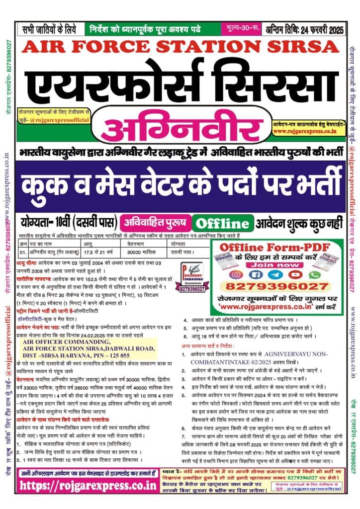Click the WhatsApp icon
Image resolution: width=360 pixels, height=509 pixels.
tap(314, 274)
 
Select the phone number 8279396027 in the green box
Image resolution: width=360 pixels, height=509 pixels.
tap(277, 286)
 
